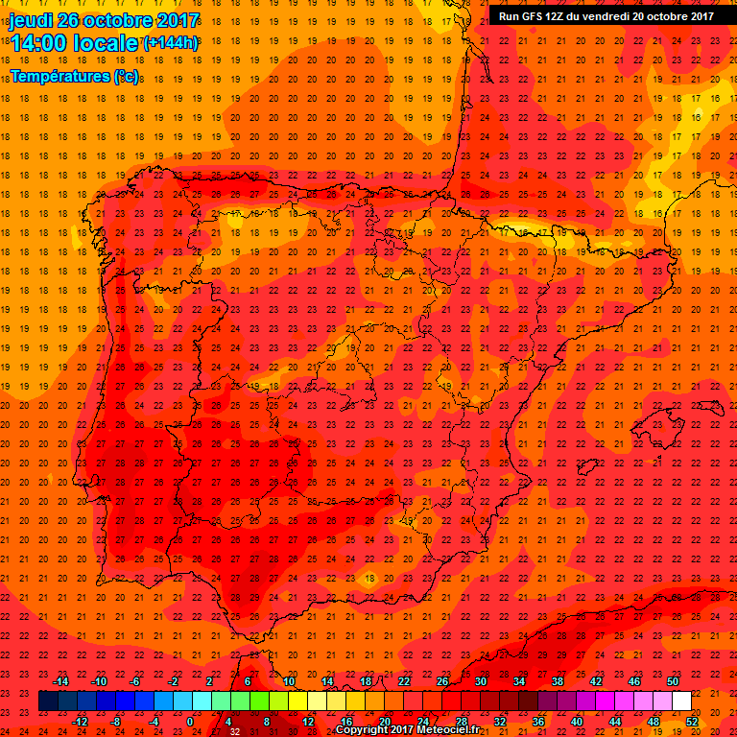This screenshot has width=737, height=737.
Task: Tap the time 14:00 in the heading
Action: point(39,43)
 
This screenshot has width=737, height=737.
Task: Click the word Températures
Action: point(59,76)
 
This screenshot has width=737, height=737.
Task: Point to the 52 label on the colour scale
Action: point(692,721)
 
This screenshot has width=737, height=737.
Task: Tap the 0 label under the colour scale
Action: point(190,721)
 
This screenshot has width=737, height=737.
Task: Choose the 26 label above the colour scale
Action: point(442,680)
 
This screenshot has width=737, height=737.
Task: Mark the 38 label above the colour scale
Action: point(558,680)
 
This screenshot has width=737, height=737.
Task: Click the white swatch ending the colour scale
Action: point(681,701)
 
